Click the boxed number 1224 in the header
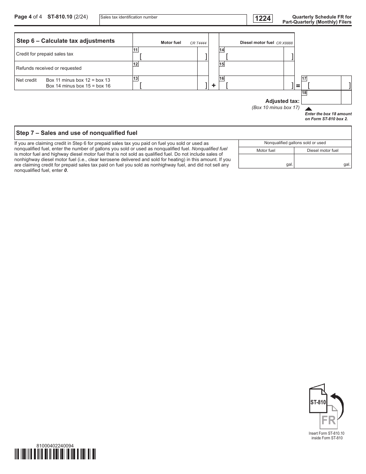coord(262,18)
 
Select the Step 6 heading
coord(65,41)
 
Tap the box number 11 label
coord(136,50)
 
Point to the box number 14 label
coord(222,50)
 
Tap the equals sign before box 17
coord(298,86)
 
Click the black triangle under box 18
coord(308,109)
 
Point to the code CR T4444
coord(198,43)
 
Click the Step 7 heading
coord(77,133)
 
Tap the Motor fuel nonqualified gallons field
coord(266,161)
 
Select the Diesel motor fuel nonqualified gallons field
coord(322,161)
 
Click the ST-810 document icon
coord(318,401)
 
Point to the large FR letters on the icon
coord(328,420)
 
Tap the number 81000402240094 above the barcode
coord(55,445)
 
